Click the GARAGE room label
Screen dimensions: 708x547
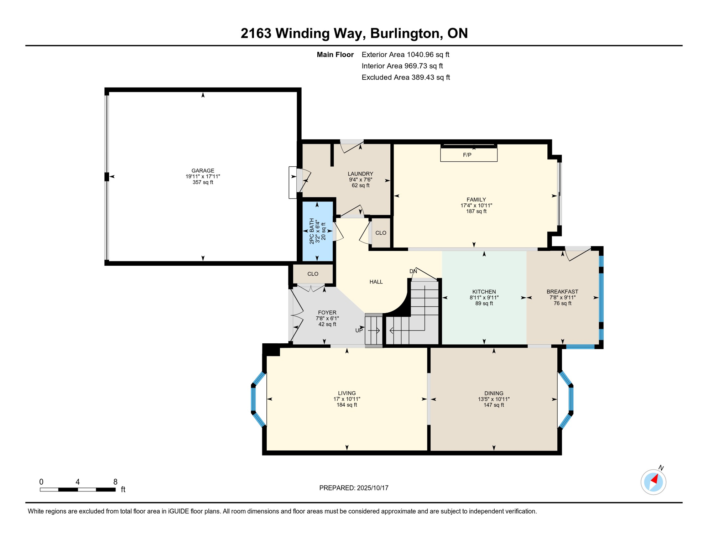pyautogui.click(x=203, y=171)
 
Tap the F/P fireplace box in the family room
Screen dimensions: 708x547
pyautogui.click(x=469, y=155)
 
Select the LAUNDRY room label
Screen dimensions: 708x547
pyautogui.click(x=360, y=174)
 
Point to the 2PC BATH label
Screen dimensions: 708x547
pyautogui.click(x=312, y=231)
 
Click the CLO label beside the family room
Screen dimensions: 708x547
pyautogui.click(x=381, y=233)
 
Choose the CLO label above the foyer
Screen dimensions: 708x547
pyautogui.click(x=313, y=274)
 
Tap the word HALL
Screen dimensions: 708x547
pyautogui.click(x=376, y=282)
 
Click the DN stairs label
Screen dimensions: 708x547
pyautogui.click(x=413, y=271)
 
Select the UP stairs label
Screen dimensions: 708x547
pyautogui.click(x=359, y=330)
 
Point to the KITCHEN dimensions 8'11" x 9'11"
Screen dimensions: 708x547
pyautogui.click(x=484, y=298)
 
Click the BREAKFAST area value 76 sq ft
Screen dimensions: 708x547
pyautogui.click(x=562, y=303)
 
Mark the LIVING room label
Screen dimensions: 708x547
pyautogui.click(x=347, y=394)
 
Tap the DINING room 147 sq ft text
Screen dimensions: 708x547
pyautogui.click(x=494, y=405)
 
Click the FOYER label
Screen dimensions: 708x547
pyautogui.click(x=327, y=313)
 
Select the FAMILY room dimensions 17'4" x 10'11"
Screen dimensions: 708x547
pyautogui.click(x=476, y=205)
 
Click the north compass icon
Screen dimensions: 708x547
pyautogui.click(x=654, y=482)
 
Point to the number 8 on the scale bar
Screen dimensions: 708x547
pyautogui.click(x=115, y=482)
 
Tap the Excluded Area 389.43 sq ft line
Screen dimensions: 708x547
pyautogui.click(x=406, y=77)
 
